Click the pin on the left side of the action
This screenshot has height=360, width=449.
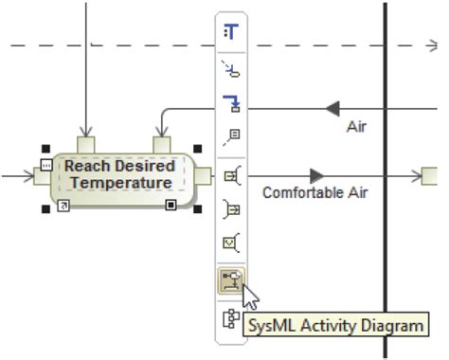click(42, 175)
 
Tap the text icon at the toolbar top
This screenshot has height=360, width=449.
click(231, 30)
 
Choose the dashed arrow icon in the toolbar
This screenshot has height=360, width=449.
click(231, 68)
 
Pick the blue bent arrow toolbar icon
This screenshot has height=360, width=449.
click(231, 103)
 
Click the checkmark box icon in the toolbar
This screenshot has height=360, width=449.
click(231, 243)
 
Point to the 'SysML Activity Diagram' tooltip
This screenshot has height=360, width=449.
click(334, 326)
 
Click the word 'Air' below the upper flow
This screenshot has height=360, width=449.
click(356, 125)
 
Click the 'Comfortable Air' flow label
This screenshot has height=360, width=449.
click(314, 192)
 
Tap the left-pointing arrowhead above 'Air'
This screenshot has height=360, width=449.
click(332, 108)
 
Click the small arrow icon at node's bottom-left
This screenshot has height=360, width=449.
click(63, 205)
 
